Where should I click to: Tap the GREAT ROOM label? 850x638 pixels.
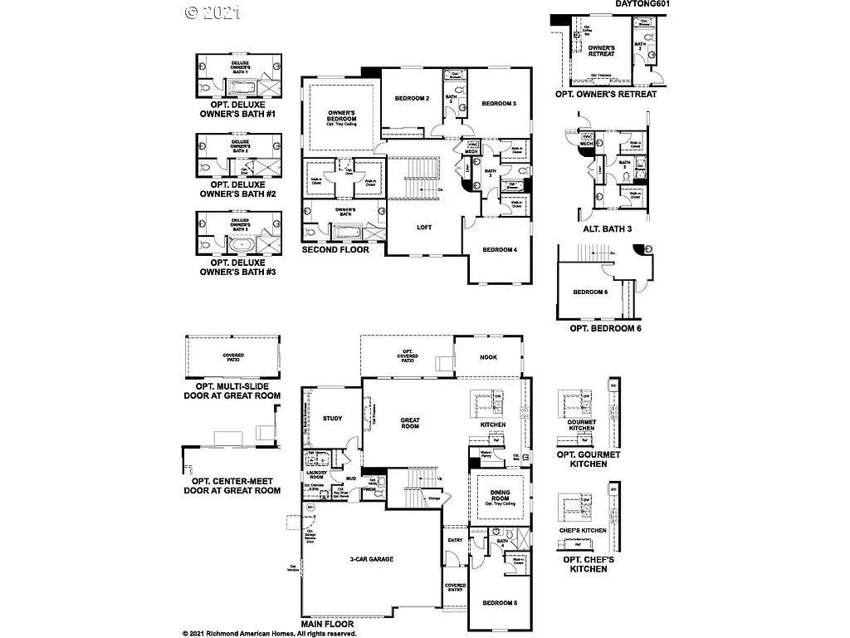click(410, 423)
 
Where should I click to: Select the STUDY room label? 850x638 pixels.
click(332, 419)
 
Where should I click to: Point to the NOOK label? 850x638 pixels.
click(489, 358)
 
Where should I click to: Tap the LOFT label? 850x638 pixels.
click(424, 227)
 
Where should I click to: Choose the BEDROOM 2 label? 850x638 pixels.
click(412, 99)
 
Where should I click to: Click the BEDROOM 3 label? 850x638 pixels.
click(499, 103)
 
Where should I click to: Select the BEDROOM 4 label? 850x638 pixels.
click(500, 249)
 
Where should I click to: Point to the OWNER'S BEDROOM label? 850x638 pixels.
click(342, 114)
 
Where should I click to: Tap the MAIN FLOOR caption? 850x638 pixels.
click(328, 624)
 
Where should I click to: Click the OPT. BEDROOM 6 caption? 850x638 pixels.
click(605, 329)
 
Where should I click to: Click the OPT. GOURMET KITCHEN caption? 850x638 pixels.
click(589, 459)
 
